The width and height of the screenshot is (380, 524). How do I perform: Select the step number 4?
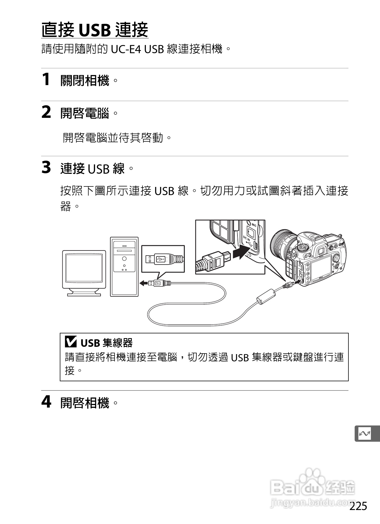tap(46, 402)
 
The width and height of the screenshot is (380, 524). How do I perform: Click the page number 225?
tap(358, 506)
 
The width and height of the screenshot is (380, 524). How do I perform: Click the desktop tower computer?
tap(124, 266)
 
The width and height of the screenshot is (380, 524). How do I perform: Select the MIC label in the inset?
tap(254, 225)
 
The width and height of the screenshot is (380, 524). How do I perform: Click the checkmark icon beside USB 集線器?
tap(71, 342)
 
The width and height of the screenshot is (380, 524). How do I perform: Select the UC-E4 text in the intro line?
tap(127, 49)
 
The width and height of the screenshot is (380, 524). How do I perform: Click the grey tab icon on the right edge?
tap(366, 434)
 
